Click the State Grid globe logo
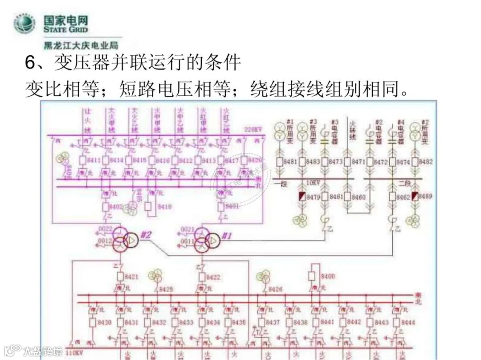[x=24, y=24]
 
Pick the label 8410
[x=165, y=207]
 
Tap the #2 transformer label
[x=147, y=236]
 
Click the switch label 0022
[x=106, y=229]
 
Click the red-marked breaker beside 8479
[x=302, y=196]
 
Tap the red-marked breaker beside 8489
[x=415, y=196]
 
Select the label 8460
[x=358, y=196]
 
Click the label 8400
[x=327, y=276]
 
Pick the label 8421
[x=131, y=277]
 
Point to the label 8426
[x=275, y=289]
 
